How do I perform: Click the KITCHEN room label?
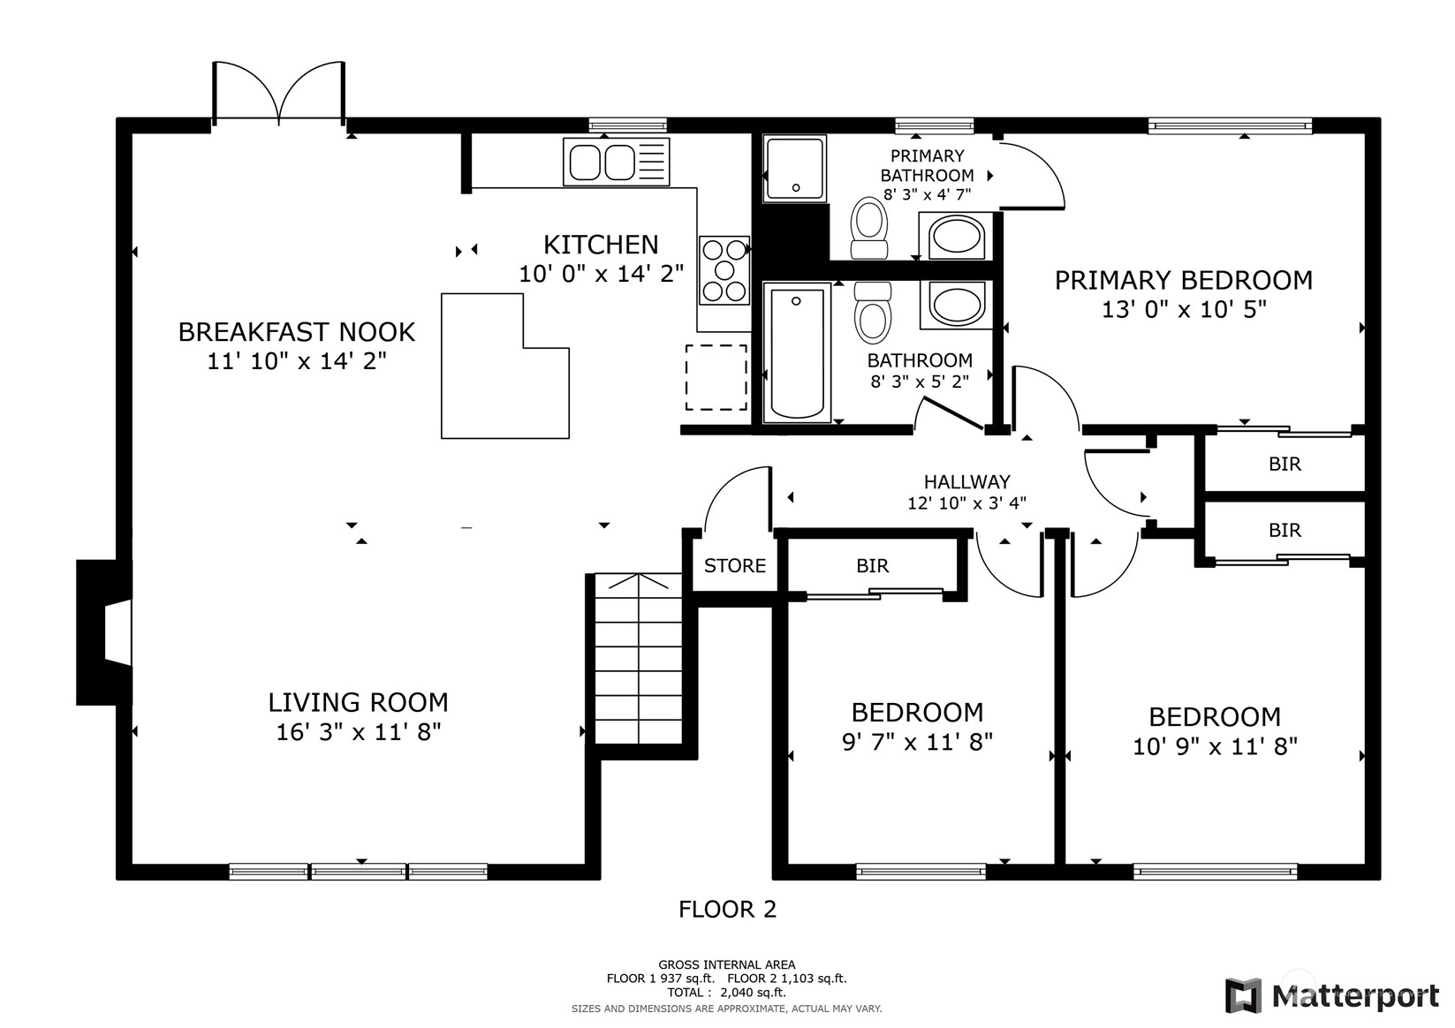[601, 245]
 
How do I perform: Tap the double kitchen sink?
[616, 163]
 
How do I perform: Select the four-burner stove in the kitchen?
[724, 270]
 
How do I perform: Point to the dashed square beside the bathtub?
[716, 378]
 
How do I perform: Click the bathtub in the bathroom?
[797, 353]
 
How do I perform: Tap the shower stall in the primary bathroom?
[795, 168]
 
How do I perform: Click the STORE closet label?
[735, 566]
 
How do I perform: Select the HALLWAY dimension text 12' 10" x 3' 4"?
[966, 503]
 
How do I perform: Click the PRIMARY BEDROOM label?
[1183, 281]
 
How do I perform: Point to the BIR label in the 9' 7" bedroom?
[872, 566]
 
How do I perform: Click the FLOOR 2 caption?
[727, 909]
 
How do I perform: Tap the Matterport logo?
[1331, 996]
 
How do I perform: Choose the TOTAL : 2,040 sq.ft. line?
[726, 992]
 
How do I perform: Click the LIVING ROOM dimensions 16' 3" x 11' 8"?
[358, 732]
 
